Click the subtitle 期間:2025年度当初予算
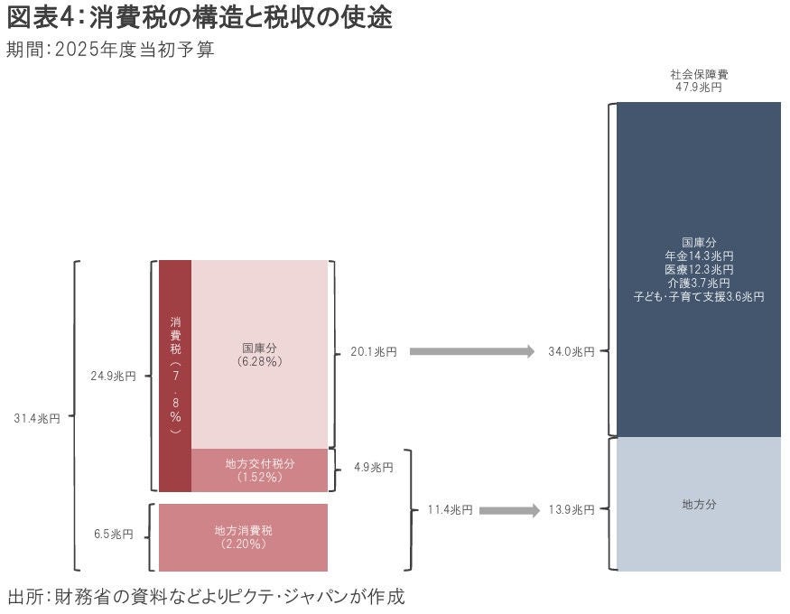pos(110,51)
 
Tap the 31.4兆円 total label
pos(37,418)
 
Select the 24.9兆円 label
pos(112,376)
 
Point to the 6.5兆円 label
pos(114,535)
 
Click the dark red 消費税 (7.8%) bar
pos(175,376)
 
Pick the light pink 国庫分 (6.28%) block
pos(259,354)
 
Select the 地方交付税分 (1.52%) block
pos(259,470)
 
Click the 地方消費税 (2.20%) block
pos(243,537)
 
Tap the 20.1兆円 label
pos(373,352)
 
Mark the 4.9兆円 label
pos(373,468)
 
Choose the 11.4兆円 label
pos(450,510)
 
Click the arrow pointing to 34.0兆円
pos(472,351)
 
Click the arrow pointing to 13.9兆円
pos(508,510)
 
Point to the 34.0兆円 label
pos(572,352)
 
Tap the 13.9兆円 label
pos(572,510)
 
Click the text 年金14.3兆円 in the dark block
pos(699,256)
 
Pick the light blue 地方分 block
pos(699,505)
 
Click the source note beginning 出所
pos(206,596)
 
